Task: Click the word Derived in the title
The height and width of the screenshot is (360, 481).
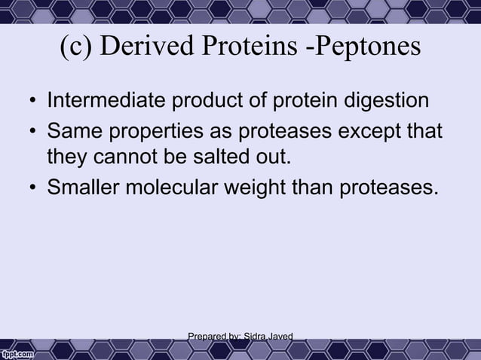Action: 143,47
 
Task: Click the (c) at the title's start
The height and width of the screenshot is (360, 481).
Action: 76,47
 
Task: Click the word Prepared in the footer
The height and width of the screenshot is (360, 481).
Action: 206,335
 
